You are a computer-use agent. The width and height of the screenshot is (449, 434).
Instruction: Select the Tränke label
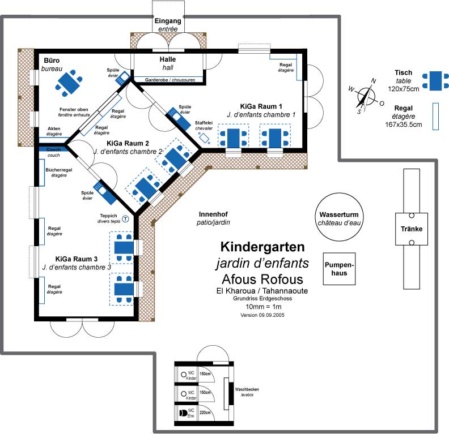click(412, 229)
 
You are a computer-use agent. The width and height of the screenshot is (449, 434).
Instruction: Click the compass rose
click(366, 96)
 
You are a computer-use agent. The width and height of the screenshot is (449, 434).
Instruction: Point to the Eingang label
click(168, 21)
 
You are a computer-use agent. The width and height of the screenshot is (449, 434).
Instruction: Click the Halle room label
click(168, 59)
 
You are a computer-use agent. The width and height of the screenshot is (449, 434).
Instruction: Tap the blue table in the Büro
click(69, 83)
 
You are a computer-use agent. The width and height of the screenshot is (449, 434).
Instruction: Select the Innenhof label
click(213, 214)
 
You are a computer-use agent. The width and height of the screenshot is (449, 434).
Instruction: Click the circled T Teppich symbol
click(125, 219)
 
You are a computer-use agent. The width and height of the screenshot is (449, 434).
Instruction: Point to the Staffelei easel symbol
click(205, 138)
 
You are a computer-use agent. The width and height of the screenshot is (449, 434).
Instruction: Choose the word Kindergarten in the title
click(262, 247)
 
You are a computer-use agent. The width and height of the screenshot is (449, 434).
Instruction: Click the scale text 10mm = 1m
click(264, 307)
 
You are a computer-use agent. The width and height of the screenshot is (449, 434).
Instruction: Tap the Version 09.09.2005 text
click(262, 315)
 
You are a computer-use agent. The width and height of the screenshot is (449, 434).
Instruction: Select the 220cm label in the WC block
click(205, 412)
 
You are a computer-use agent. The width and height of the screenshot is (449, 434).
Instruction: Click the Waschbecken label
click(247, 389)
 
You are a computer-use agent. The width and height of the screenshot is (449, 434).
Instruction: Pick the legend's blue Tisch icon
click(435, 81)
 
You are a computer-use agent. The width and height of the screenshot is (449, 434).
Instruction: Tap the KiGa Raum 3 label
click(76, 259)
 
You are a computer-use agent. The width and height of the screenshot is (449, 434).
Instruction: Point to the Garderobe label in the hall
click(156, 80)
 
